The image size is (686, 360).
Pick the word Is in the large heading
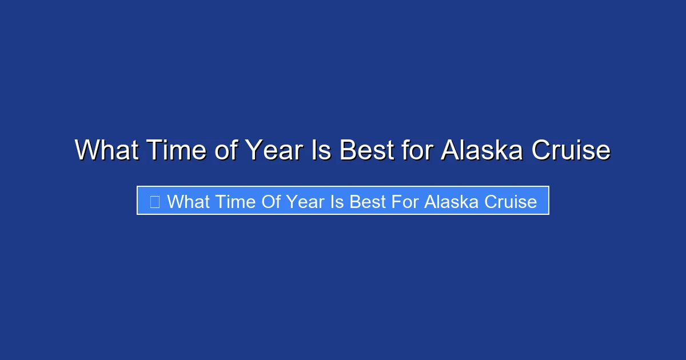pos(321,150)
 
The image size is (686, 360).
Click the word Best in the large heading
pos(366,150)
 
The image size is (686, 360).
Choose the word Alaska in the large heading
pos(483,150)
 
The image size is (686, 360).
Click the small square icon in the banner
pos(154,201)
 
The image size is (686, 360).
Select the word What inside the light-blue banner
pos(188,201)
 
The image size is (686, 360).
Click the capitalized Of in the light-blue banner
pos(271,201)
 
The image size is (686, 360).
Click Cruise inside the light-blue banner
pos(510,201)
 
